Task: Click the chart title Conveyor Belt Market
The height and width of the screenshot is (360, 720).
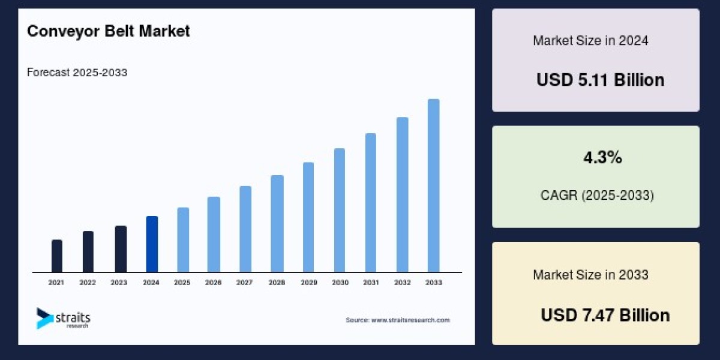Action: click(x=109, y=32)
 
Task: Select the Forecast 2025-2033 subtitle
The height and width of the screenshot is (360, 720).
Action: click(x=77, y=73)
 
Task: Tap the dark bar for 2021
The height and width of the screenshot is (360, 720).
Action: click(x=57, y=256)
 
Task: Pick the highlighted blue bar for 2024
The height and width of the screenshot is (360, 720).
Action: click(x=152, y=244)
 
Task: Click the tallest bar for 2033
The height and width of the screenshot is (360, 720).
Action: click(x=433, y=185)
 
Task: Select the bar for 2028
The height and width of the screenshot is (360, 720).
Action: click(x=277, y=224)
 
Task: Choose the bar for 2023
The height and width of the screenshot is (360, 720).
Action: click(x=121, y=249)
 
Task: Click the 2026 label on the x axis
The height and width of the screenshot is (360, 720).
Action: click(x=214, y=282)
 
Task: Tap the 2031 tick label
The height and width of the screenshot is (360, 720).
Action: click(x=370, y=282)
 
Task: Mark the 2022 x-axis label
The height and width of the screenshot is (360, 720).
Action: click(x=88, y=282)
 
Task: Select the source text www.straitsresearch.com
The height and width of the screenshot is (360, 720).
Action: click(x=397, y=320)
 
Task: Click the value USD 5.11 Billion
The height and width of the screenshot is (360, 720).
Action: click(x=600, y=80)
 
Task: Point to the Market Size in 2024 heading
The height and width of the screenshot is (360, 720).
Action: click(x=590, y=41)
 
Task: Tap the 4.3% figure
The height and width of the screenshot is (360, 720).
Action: click(x=602, y=158)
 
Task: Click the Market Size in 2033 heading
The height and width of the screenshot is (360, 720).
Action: click(x=590, y=275)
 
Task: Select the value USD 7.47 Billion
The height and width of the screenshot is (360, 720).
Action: click(x=605, y=316)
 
